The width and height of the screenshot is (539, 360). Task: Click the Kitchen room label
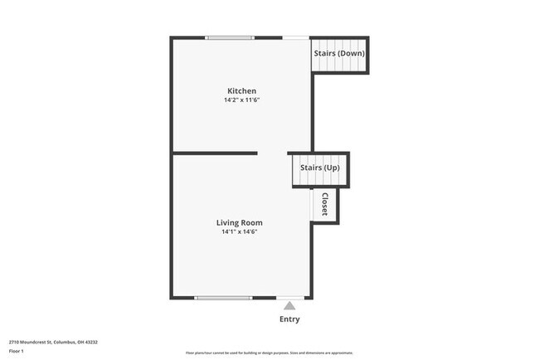point(241,90)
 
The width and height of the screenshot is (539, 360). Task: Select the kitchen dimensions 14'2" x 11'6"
point(241,100)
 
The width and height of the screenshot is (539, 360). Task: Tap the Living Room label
point(240,222)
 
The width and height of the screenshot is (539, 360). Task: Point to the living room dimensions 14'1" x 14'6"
point(240,232)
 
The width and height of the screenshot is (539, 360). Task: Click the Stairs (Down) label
point(339,54)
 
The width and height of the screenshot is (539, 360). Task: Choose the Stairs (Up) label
point(319,168)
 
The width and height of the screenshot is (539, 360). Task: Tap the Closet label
point(325,206)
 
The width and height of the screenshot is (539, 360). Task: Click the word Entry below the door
point(289,319)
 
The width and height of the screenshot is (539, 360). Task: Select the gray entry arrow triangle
point(289,305)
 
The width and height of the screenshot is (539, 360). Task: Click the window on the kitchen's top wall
point(230,37)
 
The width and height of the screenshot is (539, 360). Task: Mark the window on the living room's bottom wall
point(223,297)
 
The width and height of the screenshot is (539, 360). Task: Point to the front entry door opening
point(289,297)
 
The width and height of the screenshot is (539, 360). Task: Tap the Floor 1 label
point(17,351)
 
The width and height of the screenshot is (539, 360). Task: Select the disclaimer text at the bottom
point(269,352)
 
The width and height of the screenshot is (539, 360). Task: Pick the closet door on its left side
point(313,206)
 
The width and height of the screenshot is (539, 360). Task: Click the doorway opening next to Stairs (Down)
point(296,37)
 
